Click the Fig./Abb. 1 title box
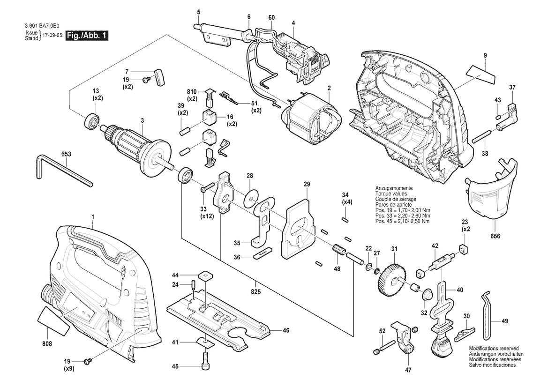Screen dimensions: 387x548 (87, 36)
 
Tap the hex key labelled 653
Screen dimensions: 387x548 (61, 170)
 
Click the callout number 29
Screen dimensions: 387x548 (307, 185)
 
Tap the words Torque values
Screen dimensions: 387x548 (391, 193)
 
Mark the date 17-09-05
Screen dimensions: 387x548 (52, 36)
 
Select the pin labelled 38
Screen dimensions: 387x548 (481, 136)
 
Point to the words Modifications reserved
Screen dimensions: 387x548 (494, 349)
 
